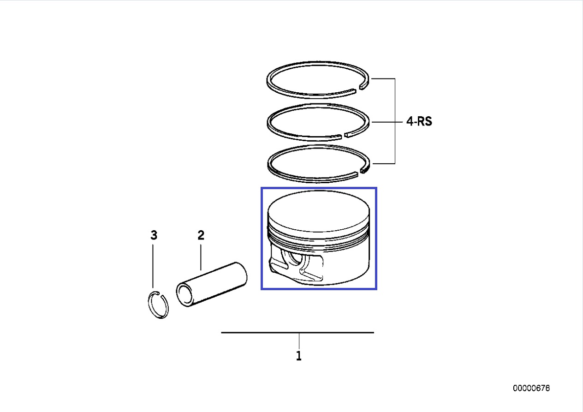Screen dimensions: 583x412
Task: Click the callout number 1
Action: click(299, 356)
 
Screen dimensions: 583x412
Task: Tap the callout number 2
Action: click(201, 235)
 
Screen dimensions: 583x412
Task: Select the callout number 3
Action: click(154, 235)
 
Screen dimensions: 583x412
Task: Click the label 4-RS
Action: click(419, 121)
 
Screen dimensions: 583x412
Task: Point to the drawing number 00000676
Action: click(531, 388)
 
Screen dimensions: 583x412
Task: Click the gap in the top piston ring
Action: click(357, 88)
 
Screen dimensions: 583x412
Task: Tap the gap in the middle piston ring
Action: click(343, 135)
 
